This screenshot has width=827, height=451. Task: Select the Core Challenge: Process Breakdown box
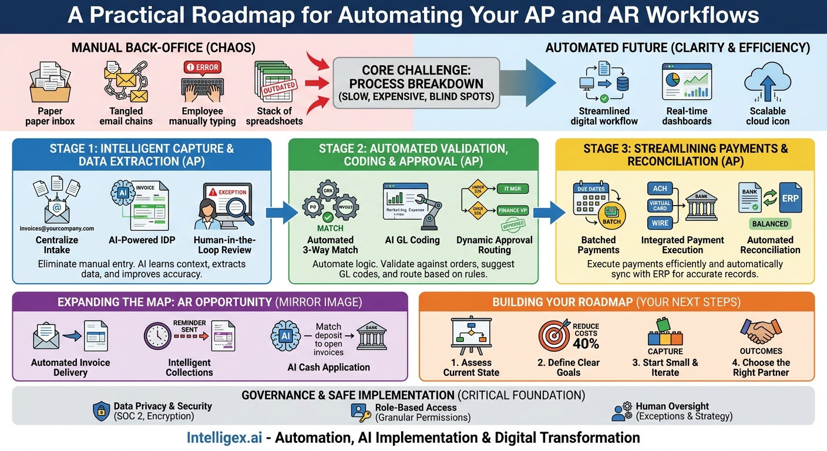coord(416,83)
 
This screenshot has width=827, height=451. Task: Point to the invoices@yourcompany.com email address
coord(56,229)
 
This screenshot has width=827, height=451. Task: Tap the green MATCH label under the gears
coord(330,228)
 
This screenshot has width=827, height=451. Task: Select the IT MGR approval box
coord(512,189)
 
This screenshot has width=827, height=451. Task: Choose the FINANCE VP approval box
coord(512,210)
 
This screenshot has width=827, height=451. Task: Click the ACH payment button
coord(660,189)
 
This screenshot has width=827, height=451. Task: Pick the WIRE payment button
coord(660,224)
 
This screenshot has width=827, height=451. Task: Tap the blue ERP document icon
coord(790,198)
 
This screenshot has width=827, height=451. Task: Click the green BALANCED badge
coord(770,224)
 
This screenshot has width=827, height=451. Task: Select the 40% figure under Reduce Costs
coord(586,343)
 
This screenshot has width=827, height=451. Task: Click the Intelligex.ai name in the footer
coord(228,437)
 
